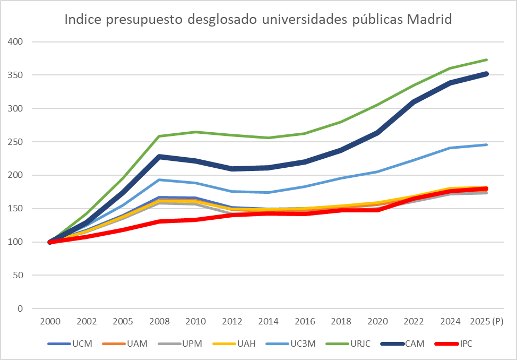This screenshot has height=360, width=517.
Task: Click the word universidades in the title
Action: (x=303, y=20)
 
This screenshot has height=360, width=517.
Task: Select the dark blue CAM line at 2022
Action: (x=413, y=101)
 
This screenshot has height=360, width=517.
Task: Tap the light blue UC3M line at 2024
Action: (x=450, y=148)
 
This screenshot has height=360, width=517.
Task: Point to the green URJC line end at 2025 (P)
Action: (x=487, y=59)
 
